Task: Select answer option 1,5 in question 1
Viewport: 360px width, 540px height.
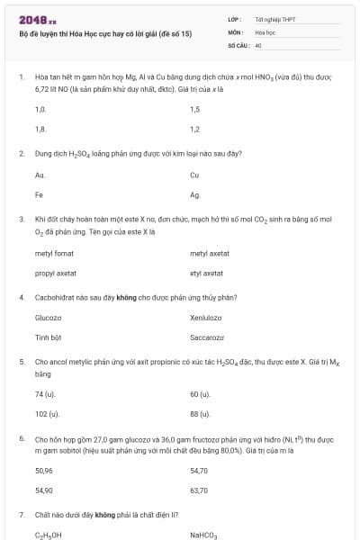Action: click(x=195, y=110)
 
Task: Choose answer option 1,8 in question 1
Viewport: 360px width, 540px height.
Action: click(x=40, y=130)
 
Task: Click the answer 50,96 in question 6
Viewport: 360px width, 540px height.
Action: click(x=44, y=471)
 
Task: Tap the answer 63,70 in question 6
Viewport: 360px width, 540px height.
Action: click(x=199, y=490)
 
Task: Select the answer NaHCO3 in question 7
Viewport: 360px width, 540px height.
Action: click(x=204, y=535)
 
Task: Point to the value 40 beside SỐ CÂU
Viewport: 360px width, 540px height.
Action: click(x=258, y=43)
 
